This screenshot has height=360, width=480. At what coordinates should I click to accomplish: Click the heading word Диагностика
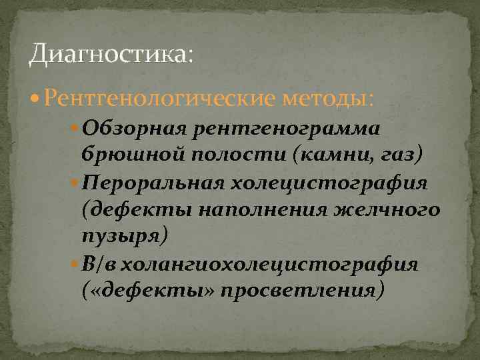click(x=108, y=53)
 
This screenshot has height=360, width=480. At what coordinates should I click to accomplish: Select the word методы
click(x=328, y=98)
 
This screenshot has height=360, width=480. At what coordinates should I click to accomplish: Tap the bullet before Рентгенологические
click(x=35, y=99)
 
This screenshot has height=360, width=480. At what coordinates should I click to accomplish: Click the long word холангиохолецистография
click(x=269, y=265)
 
